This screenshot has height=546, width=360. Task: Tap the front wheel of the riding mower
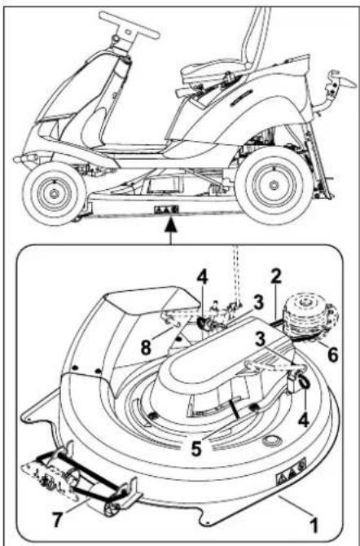coord(55,193)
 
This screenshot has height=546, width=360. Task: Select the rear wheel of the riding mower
coord(274,185)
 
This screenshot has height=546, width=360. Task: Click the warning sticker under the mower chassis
coord(166,209)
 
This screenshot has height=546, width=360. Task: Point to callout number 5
coord(196,448)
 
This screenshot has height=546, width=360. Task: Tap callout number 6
coord(332,354)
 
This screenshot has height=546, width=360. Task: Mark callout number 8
coord(147,347)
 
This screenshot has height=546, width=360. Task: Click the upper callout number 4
coord(203,278)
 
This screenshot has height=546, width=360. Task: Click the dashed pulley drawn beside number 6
coord(310,319)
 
